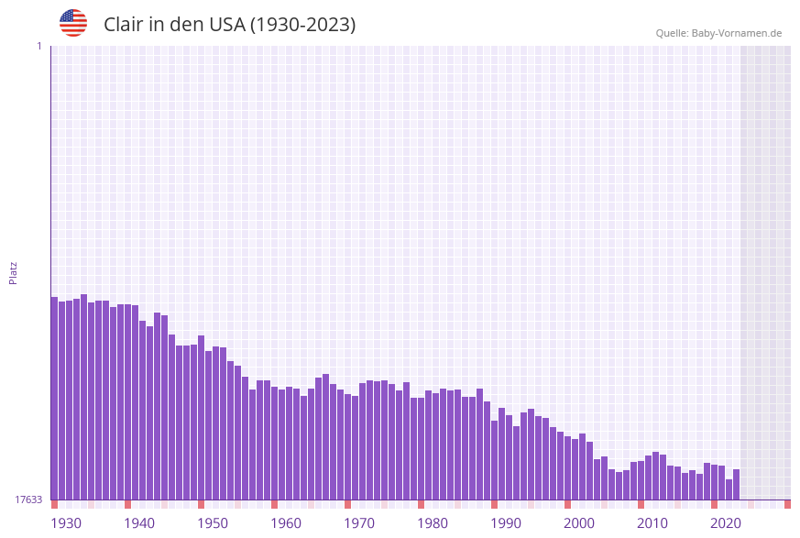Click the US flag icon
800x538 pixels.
pos(73,23)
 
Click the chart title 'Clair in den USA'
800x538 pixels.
pos(229,25)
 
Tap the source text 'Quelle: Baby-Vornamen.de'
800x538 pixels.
pos(718,33)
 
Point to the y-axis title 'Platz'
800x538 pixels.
pos(13,272)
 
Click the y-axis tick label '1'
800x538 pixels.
pos(38,46)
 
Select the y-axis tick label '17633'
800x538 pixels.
pos(28,500)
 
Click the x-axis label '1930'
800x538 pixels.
pos(66,523)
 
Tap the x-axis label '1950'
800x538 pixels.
pos(213,523)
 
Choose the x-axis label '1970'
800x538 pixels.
pos(359,523)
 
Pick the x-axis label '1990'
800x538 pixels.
pos(506,523)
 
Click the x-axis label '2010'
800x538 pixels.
pos(652,523)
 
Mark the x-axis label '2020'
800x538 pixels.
pos(726,523)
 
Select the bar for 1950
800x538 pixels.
pos(201,418)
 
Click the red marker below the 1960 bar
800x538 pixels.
pos(274,504)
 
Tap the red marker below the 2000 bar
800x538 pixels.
pos(567,504)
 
